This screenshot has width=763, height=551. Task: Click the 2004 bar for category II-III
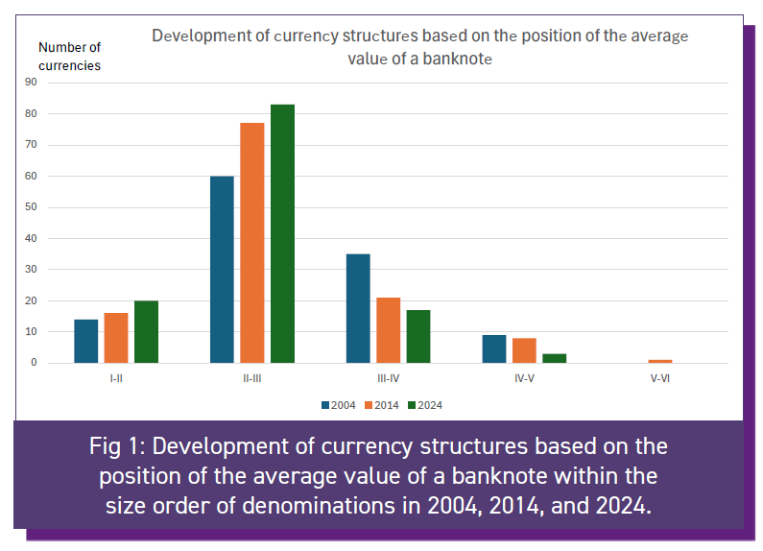(222, 270)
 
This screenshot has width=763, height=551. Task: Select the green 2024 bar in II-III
(282, 234)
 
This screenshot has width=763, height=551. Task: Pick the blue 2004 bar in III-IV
(358, 308)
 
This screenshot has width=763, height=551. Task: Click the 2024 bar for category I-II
(146, 332)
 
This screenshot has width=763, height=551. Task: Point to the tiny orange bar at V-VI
(660, 361)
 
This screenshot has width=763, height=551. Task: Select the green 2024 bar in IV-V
(555, 358)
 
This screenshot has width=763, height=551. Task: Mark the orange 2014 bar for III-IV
(388, 330)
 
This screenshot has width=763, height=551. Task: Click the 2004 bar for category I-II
(86, 341)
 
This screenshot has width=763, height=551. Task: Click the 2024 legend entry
(424, 405)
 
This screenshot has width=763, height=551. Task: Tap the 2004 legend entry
(338, 405)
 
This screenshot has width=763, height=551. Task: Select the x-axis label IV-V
(524, 378)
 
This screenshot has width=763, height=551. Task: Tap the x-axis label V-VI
(660, 378)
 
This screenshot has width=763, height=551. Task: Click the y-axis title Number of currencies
(69, 56)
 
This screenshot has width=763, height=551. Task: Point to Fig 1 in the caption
(116, 446)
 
